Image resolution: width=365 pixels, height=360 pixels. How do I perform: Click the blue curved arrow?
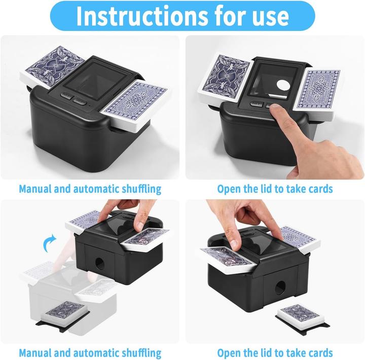(x=49, y=243)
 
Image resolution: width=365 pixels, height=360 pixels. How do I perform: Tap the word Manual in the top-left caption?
(x=35, y=189)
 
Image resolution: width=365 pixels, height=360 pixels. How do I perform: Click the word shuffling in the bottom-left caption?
(x=142, y=353)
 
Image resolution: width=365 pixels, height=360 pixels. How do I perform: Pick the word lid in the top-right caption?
(x=265, y=189)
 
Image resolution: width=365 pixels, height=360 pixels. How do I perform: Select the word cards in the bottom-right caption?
(x=320, y=353)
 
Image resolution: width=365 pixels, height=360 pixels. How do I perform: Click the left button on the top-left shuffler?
(x=66, y=96)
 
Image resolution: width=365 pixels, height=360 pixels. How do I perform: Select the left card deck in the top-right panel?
(x=225, y=79)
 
